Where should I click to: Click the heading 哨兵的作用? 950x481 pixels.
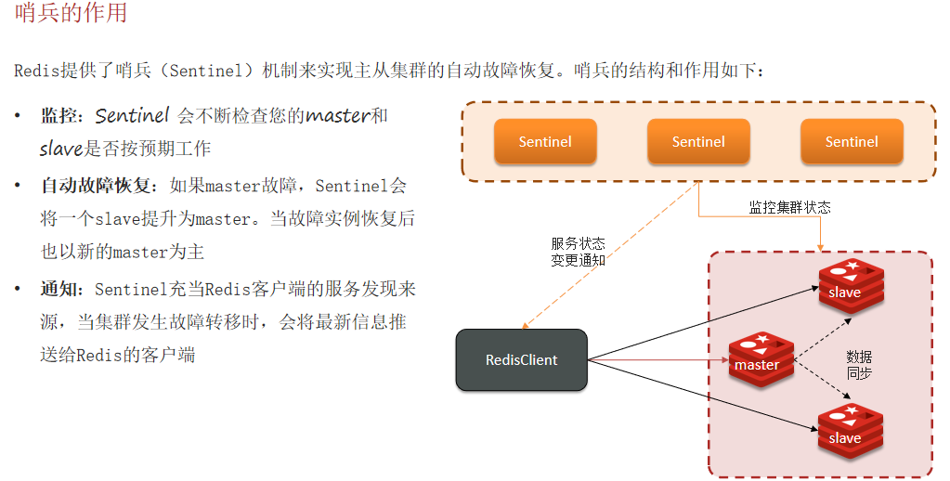[x=72, y=14]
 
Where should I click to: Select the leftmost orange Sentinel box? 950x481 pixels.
[x=545, y=141]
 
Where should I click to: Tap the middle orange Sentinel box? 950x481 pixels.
[x=698, y=141]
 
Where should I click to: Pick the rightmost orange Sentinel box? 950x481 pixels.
[x=852, y=141]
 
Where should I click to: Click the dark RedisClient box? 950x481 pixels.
[x=522, y=359]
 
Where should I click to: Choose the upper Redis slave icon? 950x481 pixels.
[x=850, y=287]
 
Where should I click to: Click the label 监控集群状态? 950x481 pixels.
[x=789, y=208]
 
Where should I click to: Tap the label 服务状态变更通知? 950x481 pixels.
[x=578, y=252]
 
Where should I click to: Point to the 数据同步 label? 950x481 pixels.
[x=859, y=365]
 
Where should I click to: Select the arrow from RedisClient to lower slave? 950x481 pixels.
[x=696, y=395]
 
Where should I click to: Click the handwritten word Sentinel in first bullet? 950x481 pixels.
[x=132, y=116]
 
